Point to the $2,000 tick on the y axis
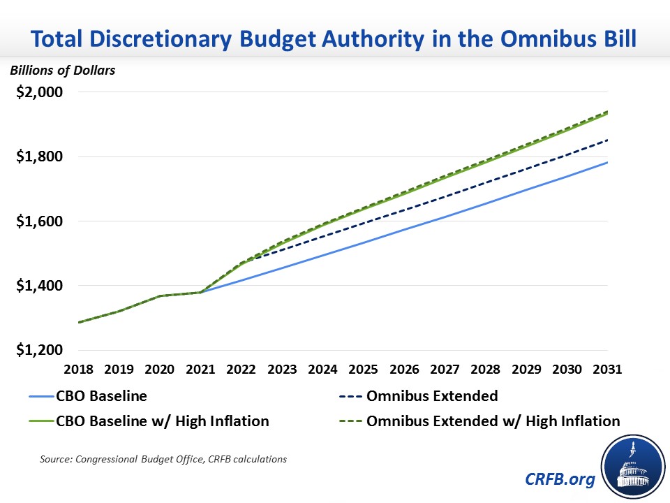40,92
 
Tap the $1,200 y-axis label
40,350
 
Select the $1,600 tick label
40,221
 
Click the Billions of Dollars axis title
62,70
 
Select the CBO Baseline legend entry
102,396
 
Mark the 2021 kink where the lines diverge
201,292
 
